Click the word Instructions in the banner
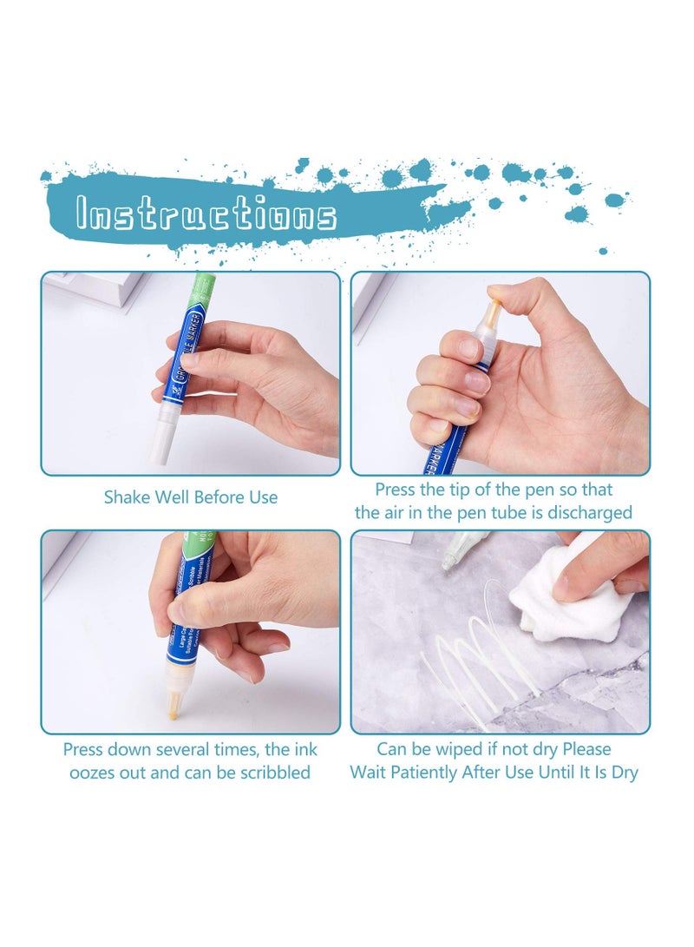click(x=206, y=214)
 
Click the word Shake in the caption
click(x=127, y=497)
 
